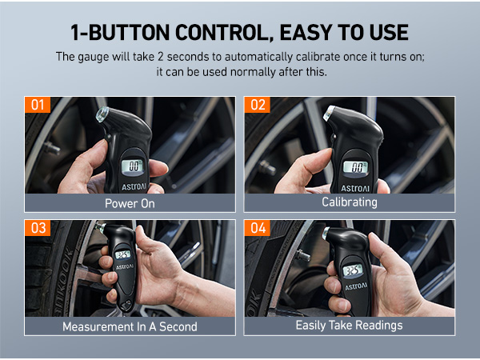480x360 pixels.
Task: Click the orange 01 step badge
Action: click(x=38, y=106)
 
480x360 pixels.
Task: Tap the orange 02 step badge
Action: click(x=258, y=106)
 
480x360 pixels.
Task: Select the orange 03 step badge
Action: click(x=38, y=229)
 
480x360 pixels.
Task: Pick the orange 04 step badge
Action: click(x=258, y=229)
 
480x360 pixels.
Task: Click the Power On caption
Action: click(x=130, y=203)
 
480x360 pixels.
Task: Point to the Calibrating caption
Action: click(x=349, y=202)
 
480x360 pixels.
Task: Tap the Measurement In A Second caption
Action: click(x=130, y=326)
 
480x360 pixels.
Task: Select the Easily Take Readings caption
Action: click(x=349, y=326)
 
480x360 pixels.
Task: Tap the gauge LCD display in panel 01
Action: click(x=134, y=166)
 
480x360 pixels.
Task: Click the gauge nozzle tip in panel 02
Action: click(x=329, y=114)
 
